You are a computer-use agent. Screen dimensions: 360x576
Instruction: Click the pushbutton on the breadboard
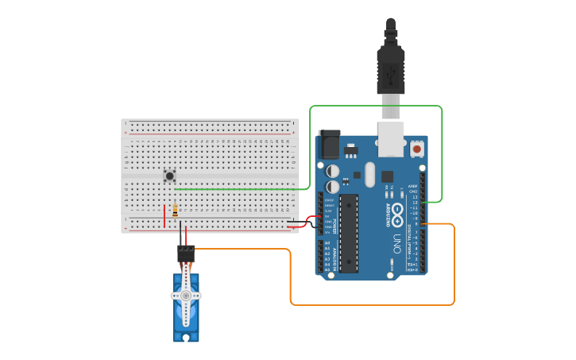[169, 176]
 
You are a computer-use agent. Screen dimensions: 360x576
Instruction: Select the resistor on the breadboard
[175, 211]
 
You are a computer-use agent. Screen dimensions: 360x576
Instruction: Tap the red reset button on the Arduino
[417, 149]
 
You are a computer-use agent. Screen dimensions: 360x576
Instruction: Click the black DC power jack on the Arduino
[328, 144]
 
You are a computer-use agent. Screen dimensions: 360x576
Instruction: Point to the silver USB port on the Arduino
[391, 138]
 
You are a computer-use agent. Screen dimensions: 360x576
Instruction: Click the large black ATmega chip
[349, 233]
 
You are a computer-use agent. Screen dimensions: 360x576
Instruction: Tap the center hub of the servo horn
[186, 296]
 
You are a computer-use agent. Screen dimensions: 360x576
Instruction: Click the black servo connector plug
[186, 254]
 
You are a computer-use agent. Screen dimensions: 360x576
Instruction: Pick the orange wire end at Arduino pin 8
[423, 224]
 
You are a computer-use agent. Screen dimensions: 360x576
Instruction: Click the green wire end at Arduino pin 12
[423, 203]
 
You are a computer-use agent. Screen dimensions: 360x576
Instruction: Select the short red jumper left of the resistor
[164, 216]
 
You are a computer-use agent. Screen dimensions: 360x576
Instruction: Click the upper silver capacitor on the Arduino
[333, 171]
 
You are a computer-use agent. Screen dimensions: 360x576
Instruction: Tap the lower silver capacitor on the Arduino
[333, 187]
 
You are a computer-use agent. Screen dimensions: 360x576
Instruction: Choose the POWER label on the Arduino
[334, 223]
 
